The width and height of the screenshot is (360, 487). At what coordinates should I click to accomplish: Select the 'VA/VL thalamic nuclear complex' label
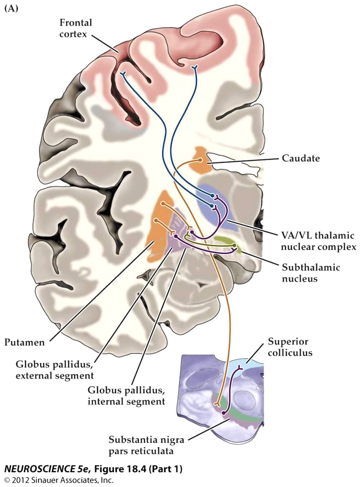point(318,241)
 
